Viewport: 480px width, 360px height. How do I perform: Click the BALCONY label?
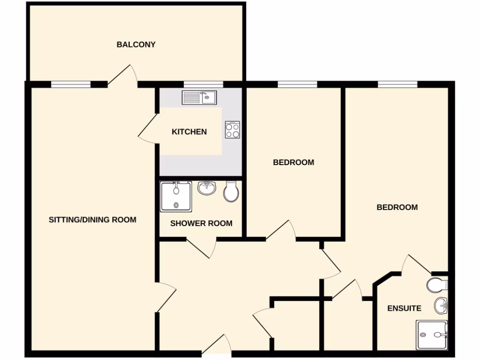136,45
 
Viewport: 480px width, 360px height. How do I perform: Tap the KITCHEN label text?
189,132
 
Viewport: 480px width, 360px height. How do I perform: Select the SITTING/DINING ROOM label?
92,219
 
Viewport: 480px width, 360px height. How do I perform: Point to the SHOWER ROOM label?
201,224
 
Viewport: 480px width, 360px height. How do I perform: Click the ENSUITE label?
404,308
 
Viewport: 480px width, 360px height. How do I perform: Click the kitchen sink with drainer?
199,97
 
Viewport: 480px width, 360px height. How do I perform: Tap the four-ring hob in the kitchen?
232,129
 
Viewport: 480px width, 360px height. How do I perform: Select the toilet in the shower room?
232,192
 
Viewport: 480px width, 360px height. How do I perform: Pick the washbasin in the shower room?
206,188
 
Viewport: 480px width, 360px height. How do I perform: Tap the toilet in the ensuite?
437,285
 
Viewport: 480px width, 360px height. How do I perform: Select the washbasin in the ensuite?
441,306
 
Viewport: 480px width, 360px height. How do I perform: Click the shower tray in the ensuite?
432,335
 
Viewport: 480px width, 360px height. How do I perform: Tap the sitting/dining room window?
70,84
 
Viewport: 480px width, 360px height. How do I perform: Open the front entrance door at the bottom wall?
217,345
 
